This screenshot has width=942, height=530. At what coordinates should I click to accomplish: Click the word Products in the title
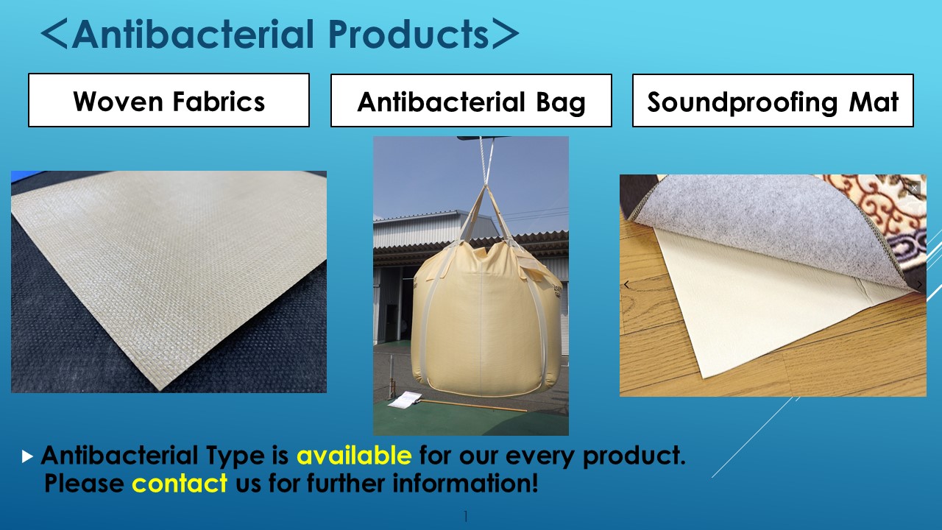[408, 34]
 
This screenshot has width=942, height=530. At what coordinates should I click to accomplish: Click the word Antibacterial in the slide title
[193, 34]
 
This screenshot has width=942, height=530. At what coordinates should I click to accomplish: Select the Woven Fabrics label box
[169, 100]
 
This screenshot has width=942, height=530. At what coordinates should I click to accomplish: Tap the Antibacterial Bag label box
[471, 101]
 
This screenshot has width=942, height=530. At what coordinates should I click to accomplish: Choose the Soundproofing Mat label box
[773, 101]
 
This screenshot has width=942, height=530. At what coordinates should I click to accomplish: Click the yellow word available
[354, 455]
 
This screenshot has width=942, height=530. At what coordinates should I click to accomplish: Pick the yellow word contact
[180, 483]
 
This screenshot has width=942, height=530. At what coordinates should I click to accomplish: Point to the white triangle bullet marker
[27, 456]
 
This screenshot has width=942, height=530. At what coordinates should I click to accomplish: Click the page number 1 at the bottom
[466, 516]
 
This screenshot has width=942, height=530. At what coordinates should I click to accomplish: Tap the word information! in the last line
[465, 483]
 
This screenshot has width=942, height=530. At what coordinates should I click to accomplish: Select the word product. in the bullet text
[634, 456]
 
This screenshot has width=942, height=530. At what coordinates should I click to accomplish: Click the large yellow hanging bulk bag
[486, 319]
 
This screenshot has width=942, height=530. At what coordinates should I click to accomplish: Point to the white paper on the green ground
[403, 400]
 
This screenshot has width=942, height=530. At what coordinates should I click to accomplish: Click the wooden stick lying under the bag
[471, 406]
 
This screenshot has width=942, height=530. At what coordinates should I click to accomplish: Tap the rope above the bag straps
[484, 161]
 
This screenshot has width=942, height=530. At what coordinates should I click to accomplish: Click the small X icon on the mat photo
[914, 188]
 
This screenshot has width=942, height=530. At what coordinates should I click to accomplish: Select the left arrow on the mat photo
[626, 285]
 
